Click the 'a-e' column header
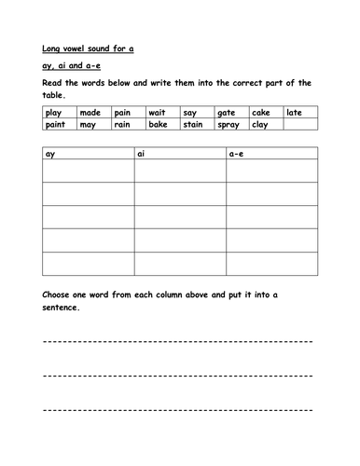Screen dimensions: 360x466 tap(236, 153)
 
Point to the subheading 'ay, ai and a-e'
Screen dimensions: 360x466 tap(76, 66)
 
